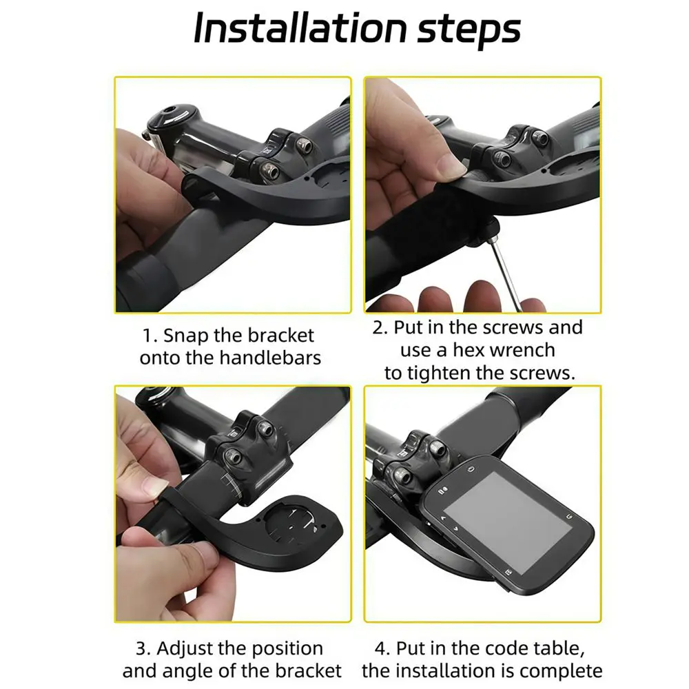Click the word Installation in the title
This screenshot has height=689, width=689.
[x=300, y=28]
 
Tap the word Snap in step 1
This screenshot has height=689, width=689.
[x=186, y=336]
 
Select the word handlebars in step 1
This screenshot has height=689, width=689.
[x=270, y=358]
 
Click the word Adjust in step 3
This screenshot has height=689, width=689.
[x=185, y=649]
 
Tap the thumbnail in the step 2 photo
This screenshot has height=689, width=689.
[x=449, y=165]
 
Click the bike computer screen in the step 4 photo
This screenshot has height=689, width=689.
[x=508, y=523]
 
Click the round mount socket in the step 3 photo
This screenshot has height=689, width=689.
[x=291, y=523]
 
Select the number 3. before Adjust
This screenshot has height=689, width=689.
[x=143, y=649]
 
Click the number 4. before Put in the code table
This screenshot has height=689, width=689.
[x=382, y=649]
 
